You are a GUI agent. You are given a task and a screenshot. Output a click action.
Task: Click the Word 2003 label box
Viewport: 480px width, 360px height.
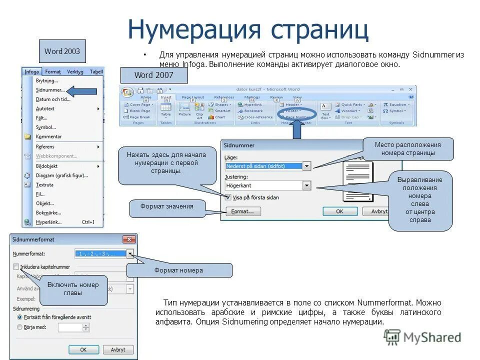(x=62, y=51)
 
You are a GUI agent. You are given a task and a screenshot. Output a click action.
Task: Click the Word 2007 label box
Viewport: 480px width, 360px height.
(x=154, y=75)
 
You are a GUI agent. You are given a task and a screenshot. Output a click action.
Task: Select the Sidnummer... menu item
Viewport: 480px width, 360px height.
(x=50, y=90)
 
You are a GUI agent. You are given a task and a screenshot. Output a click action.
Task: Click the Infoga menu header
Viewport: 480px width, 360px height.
(x=31, y=72)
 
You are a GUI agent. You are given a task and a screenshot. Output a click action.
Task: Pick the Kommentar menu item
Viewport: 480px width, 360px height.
(x=48, y=136)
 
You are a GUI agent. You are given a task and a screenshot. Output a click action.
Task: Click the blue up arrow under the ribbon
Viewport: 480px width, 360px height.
(x=296, y=129)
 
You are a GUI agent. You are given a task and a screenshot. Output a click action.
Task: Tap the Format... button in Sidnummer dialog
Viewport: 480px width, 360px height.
(x=242, y=211)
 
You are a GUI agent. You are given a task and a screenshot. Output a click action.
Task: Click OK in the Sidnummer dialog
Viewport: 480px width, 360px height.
(x=339, y=211)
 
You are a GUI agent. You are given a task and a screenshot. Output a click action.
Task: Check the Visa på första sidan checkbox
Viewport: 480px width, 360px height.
(x=228, y=197)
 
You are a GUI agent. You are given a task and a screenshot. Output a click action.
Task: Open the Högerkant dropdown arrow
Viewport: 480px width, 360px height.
(x=306, y=185)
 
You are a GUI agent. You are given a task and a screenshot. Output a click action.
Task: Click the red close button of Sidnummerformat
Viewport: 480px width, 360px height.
(x=129, y=239)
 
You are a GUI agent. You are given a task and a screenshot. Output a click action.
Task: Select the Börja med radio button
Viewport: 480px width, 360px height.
(x=20, y=327)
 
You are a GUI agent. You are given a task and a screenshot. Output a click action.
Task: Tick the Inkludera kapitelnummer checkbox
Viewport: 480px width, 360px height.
(x=16, y=267)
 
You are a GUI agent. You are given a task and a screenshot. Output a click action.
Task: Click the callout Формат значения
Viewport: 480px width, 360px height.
(x=167, y=206)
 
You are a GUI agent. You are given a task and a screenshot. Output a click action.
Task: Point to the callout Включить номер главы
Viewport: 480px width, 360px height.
(x=73, y=289)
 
